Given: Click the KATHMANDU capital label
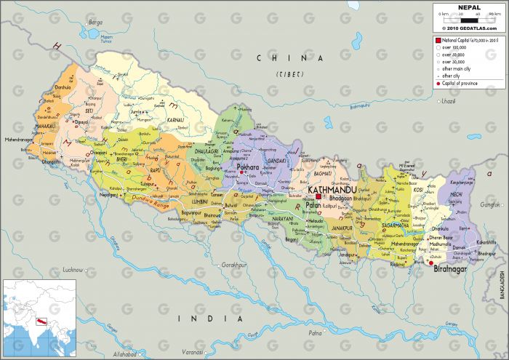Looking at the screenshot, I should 334,189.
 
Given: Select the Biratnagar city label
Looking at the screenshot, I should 450,270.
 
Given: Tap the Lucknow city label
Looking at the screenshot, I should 73,270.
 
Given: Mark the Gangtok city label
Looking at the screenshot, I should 492,204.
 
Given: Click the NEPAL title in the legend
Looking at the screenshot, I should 469,7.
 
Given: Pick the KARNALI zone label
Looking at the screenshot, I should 175,119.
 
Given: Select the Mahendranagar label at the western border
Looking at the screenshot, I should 20,138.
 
